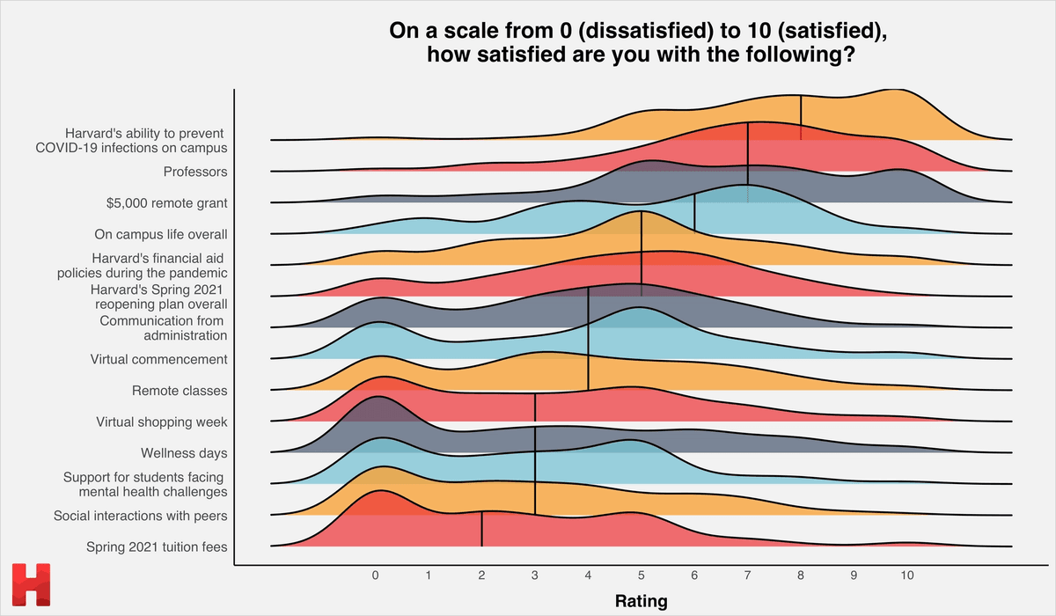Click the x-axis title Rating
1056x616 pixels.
(x=640, y=602)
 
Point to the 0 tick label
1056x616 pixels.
(x=376, y=576)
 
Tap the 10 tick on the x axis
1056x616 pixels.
(x=907, y=576)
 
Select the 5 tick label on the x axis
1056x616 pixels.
(x=642, y=576)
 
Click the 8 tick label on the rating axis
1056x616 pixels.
(x=801, y=576)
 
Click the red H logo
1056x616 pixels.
(x=32, y=585)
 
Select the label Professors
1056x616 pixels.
(x=195, y=172)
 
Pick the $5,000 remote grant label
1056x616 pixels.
(x=166, y=203)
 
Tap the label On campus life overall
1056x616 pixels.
(x=161, y=235)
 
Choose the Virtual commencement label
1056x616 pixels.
(x=159, y=359)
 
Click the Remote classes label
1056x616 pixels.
(x=180, y=391)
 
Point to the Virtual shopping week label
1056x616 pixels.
(x=162, y=422)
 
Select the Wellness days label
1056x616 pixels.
(x=184, y=453)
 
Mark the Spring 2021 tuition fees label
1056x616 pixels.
(x=157, y=547)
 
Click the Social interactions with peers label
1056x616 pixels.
(x=141, y=516)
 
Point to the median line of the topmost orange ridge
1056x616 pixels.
(x=801, y=118)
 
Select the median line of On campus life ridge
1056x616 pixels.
(x=695, y=214)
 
